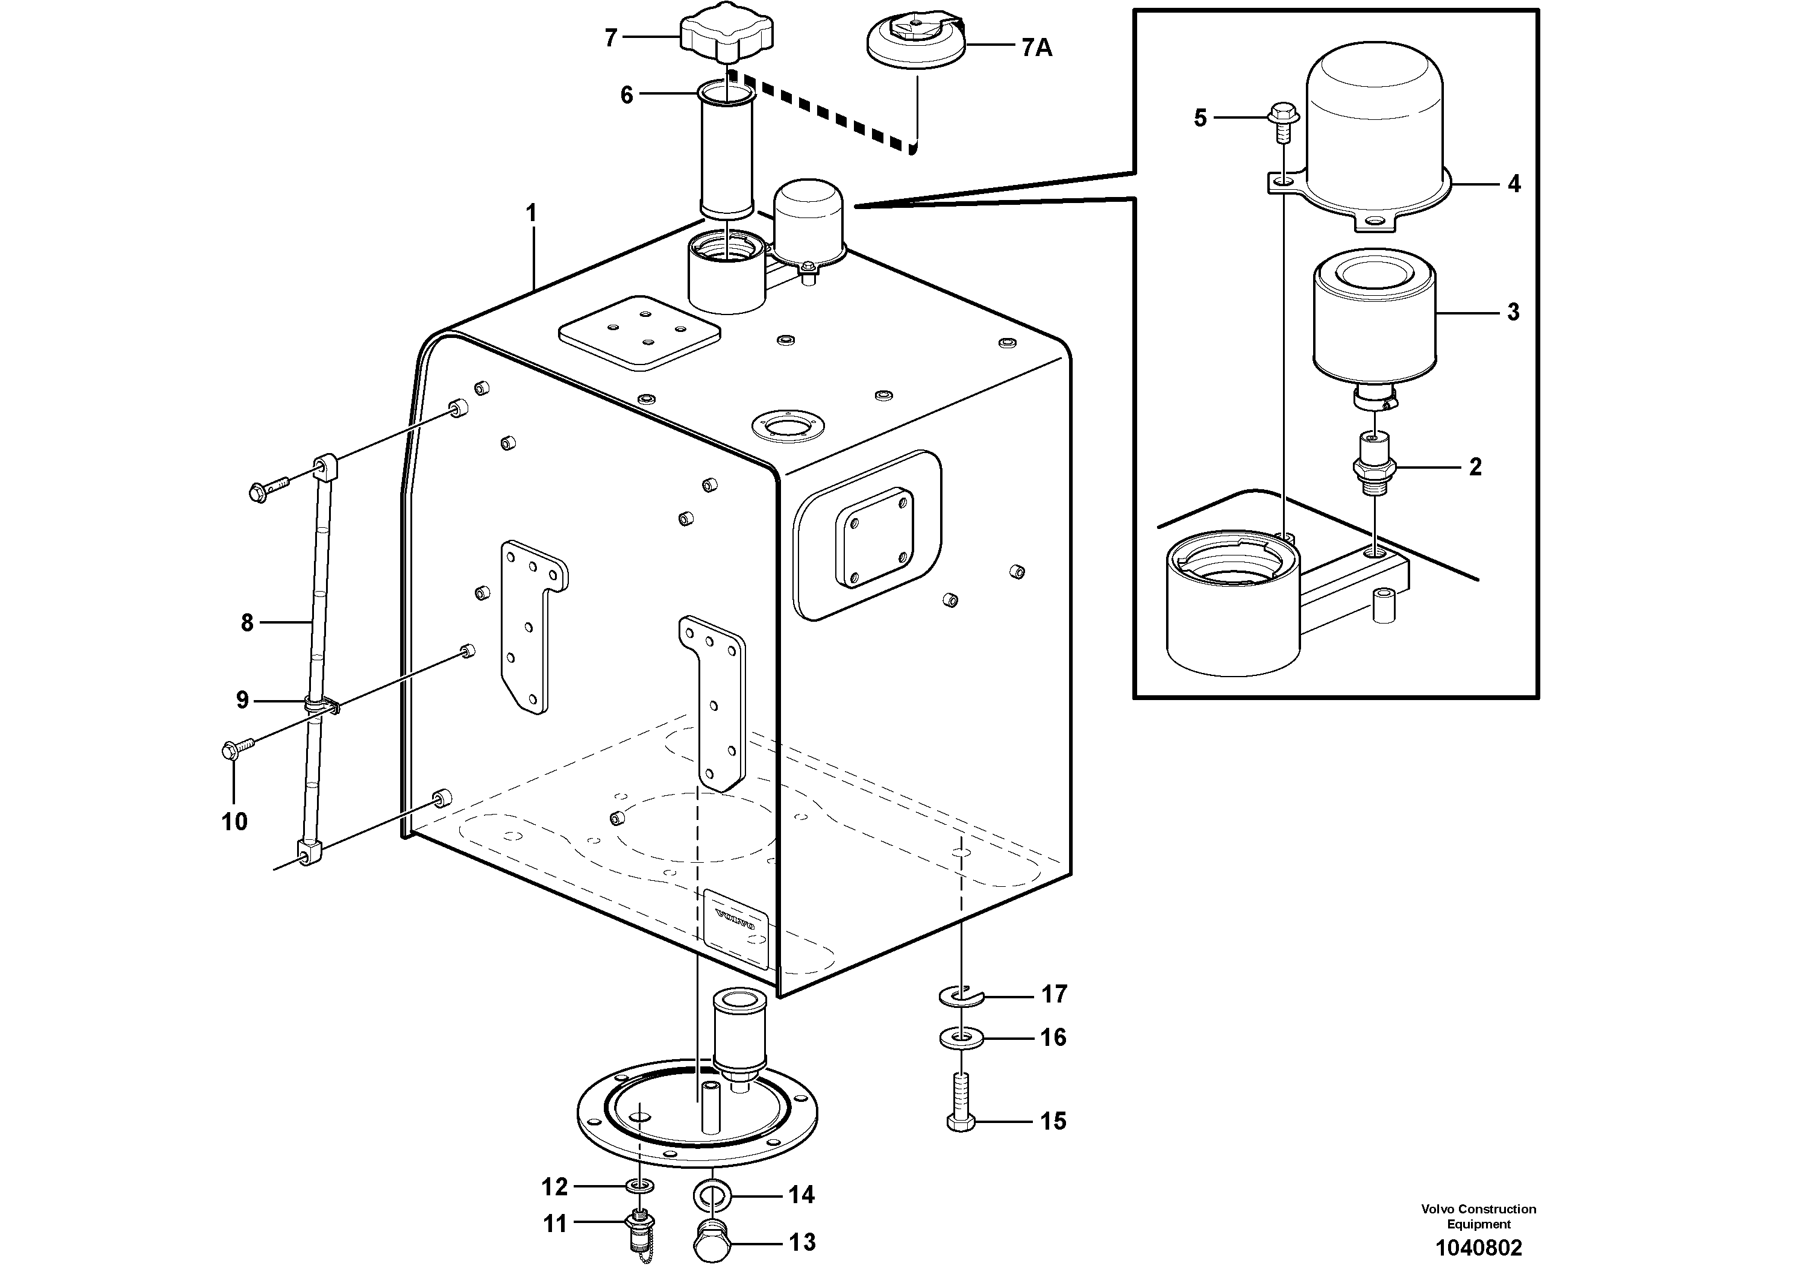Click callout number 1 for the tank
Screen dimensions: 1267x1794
[x=532, y=213]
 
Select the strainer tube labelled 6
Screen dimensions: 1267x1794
[x=727, y=152]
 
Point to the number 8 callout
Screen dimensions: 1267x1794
[x=247, y=622]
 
